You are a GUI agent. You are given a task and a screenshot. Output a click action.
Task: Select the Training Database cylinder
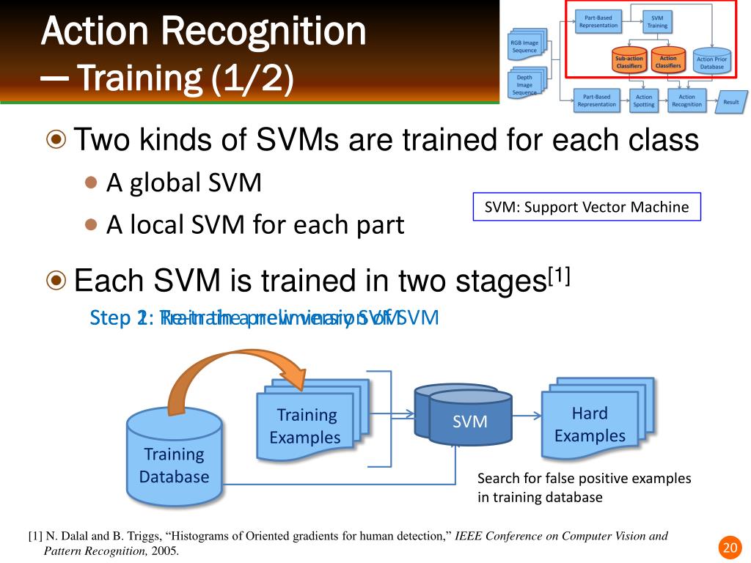[174, 457]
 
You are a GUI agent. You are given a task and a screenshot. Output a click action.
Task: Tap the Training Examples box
[306, 426]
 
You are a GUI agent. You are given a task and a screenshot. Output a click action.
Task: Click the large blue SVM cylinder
[469, 421]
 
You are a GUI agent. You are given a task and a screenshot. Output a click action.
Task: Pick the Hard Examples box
[590, 424]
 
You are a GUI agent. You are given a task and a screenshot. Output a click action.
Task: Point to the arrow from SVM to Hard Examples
[526, 417]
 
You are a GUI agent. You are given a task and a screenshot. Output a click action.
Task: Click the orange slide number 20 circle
[728, 548]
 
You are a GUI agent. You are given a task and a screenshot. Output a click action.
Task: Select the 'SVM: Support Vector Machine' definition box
[586, 207]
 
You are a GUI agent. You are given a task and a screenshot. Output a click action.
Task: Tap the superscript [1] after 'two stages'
[560, 276]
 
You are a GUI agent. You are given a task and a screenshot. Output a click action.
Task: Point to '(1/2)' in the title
[252, 78]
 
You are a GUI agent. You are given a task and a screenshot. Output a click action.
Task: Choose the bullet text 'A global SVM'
[183, 183]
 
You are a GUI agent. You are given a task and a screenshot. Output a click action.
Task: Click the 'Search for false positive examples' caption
[584, 479]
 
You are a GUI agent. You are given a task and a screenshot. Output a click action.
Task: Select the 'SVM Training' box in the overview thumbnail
[657, 20]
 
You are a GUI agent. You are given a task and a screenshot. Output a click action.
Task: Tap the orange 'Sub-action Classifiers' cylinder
[629, 62]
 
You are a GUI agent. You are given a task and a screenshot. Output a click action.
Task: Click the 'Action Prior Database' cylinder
[711, 62]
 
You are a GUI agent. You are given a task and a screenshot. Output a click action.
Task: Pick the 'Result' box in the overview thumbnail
[730, 102]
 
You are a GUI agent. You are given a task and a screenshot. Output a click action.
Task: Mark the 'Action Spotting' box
[643, 100]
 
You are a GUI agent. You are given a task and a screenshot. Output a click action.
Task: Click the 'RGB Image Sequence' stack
[525, 45]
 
